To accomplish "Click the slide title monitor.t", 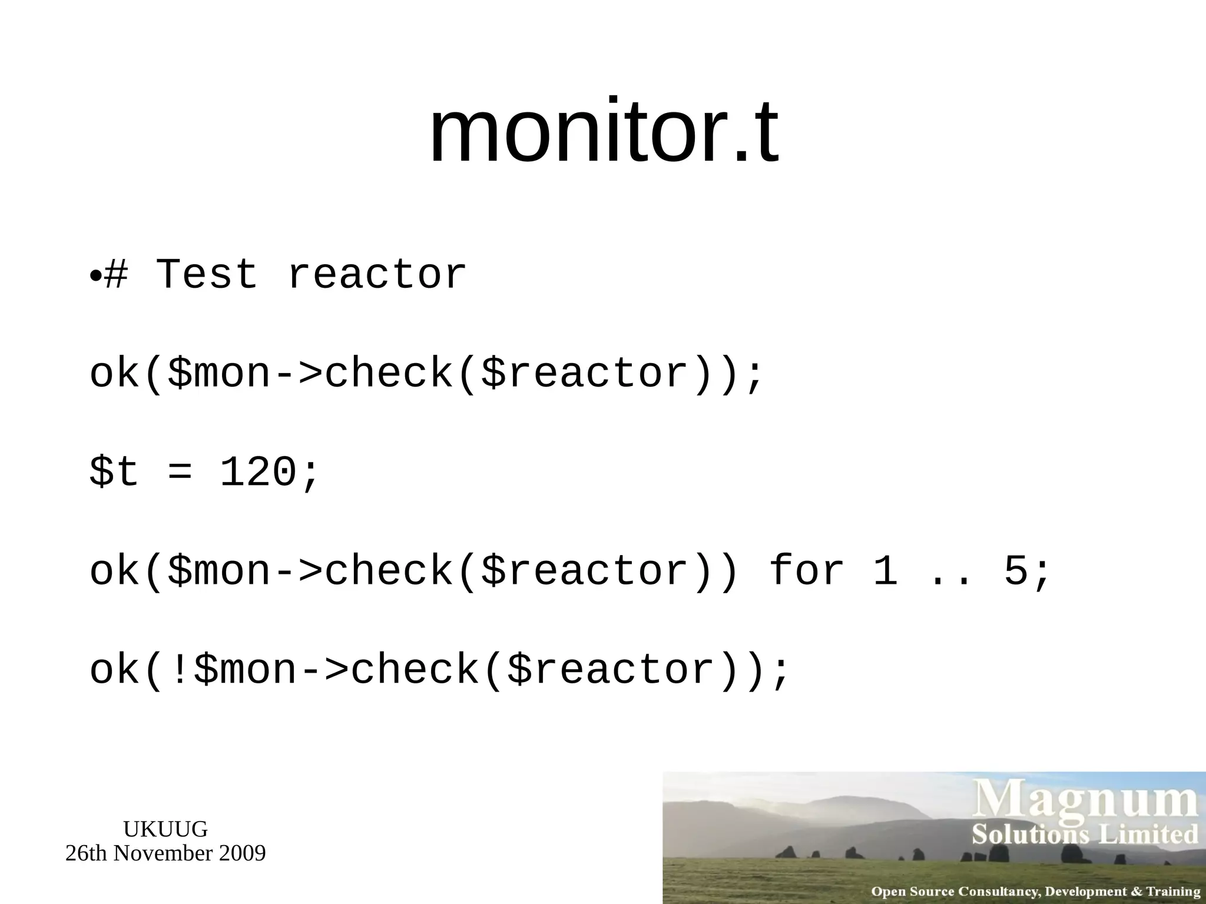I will click(604, 133).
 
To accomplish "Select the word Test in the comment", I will click(207, 275).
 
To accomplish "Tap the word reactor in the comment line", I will click(377, 276).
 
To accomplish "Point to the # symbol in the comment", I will click(115, 275).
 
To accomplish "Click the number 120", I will click(258, 473).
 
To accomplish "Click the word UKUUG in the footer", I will click(165, 829).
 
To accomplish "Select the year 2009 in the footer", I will click(242, 853).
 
